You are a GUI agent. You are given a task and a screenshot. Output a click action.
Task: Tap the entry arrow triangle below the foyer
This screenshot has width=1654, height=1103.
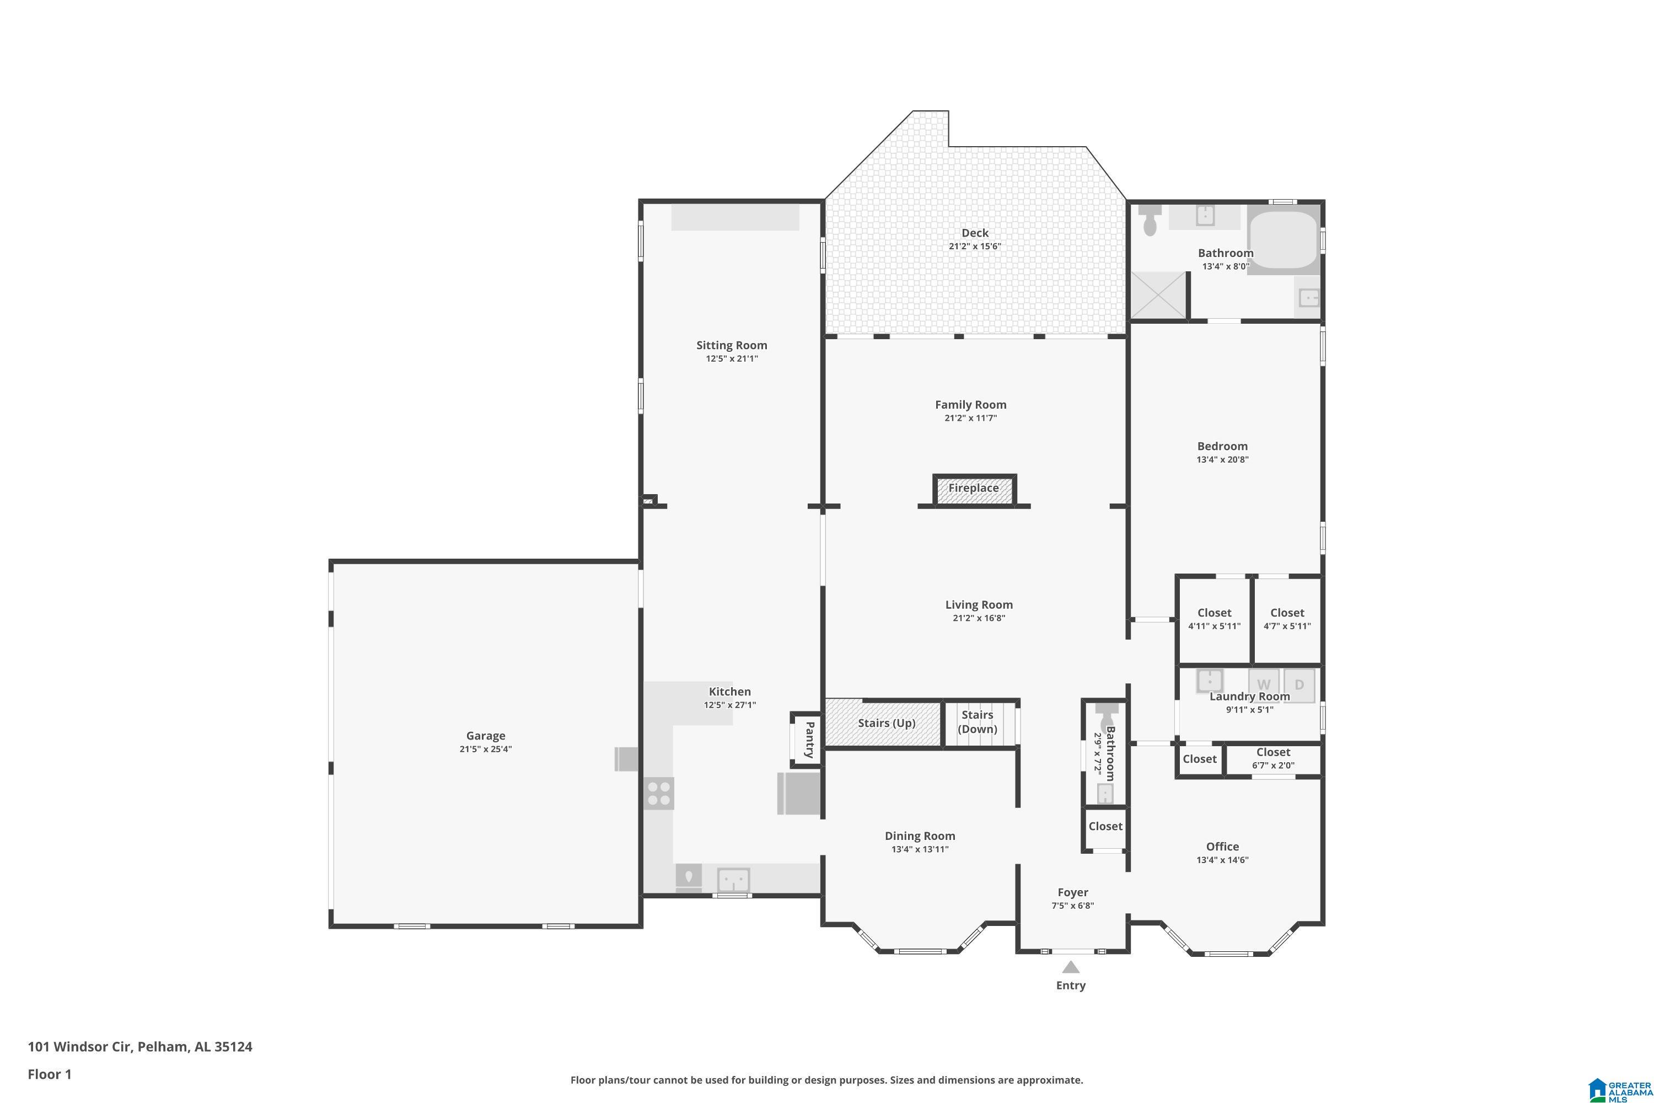point(1070,967)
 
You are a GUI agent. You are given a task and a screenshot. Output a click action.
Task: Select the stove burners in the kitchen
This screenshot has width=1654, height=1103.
point(659,794)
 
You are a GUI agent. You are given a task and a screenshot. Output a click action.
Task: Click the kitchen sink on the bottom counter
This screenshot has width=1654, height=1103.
point(733,880)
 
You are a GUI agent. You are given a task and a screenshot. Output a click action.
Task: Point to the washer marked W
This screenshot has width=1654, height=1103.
point(1264,684)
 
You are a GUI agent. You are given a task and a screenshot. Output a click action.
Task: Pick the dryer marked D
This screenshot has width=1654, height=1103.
point(1299,684)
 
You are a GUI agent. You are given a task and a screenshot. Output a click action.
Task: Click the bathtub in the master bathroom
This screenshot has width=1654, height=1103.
point(1284,239)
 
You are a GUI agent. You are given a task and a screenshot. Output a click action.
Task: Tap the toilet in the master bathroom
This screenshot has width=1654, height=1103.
point(1150,220)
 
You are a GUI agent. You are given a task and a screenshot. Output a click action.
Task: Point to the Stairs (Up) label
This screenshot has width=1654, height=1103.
point(886,723)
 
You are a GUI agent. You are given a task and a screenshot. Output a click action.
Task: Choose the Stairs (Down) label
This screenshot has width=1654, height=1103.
point(978,722)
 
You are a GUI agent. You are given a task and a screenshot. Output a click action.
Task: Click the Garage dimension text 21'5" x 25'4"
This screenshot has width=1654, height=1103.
point(486,749)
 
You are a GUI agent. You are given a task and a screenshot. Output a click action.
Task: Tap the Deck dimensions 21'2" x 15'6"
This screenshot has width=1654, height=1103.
point(975,246)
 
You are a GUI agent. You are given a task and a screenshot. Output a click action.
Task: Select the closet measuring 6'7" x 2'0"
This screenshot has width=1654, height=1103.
point(1273,758)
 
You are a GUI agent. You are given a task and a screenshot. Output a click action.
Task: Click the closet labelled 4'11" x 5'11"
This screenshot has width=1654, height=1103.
point(1215,619)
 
